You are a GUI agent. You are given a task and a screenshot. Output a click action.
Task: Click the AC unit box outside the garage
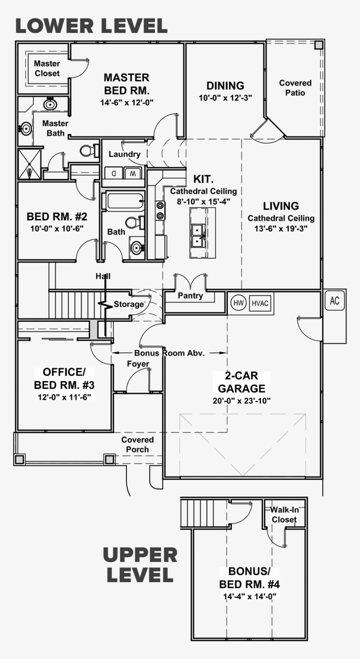pos(335,301)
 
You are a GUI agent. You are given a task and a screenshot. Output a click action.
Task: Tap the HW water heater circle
pos(238,303)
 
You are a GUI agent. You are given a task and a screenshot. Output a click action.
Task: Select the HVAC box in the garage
pos(261,303)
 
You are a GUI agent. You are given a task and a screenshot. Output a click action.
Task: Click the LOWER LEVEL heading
pos(91,26)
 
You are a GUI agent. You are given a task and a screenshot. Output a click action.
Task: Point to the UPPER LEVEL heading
pos(140,565)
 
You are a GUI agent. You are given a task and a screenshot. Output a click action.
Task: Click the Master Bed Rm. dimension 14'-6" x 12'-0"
pos(126,102)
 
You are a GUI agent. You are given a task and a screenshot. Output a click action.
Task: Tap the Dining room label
pos(225,86)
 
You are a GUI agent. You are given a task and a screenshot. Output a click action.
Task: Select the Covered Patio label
pos(295,88)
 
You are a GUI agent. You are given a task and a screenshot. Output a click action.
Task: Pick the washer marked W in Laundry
pos(133,173)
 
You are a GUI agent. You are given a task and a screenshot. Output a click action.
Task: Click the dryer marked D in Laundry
pos(113,173)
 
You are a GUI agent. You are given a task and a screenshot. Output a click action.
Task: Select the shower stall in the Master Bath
pos(29,164)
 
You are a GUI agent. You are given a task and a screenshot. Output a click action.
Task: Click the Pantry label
pos(190,296)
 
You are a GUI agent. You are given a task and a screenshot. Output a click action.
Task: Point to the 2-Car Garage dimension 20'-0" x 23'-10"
pos(241,400)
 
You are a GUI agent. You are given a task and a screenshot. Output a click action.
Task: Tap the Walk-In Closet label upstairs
pos(284,515)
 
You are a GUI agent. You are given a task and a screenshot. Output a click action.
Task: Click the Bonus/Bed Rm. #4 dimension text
pos(249,596)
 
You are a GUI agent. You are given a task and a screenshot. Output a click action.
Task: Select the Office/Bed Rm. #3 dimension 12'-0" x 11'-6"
pos(64,396)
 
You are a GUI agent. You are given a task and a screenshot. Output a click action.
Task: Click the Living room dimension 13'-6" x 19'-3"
pos(281,229)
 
